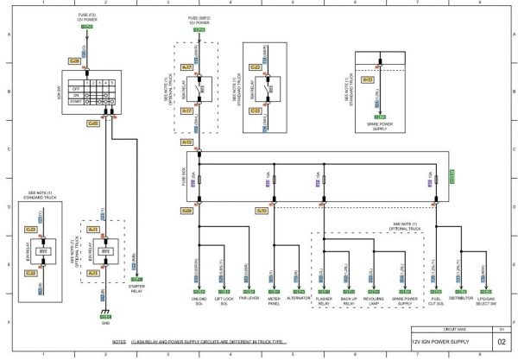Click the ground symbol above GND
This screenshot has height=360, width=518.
pyautogui.click(x=104, y=313)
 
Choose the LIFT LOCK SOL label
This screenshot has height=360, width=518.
pyautogui.click(x=222, y=301)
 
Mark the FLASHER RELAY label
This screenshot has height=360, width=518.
pyautogui.click(x=324, y=301)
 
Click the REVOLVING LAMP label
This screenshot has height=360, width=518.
pyautogui.click(x=374, y=301)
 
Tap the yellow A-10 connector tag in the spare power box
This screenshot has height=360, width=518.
pyautogui.click(x=368, y=79)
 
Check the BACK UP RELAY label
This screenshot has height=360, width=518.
pyautogui.click(x=348, y=301)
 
